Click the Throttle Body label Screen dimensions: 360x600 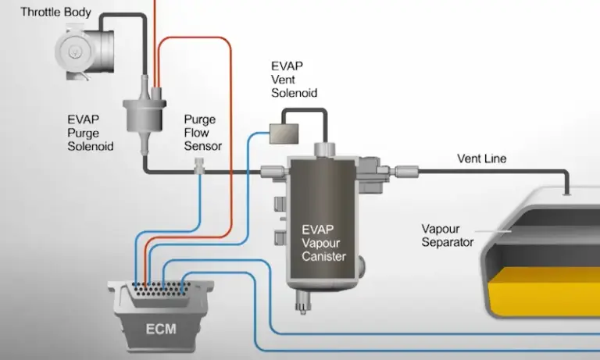pyautogui.click(x=55, y=12)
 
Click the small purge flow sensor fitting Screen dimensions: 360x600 pyautogui.click(x=200, y=166)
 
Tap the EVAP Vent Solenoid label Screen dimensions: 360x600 pyautogui.click(x=294, y=79)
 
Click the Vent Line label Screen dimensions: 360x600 pyautogui.click(x=481, y=159)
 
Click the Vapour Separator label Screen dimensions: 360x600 pyautogui.click(x=448, y=235)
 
